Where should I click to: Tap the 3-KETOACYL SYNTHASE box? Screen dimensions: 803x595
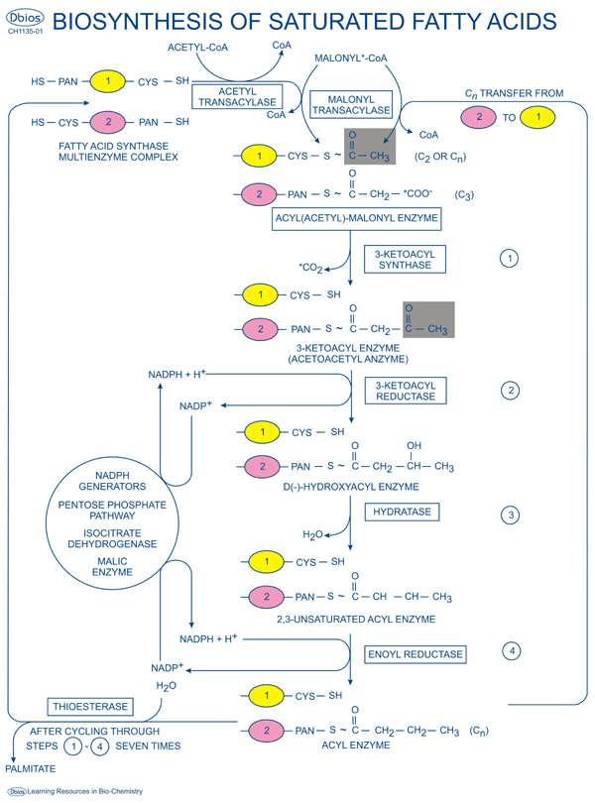coord(405,260)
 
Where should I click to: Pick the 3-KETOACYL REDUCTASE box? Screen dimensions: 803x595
coord(406,390)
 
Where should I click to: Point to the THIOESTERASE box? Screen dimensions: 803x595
coord(88,707)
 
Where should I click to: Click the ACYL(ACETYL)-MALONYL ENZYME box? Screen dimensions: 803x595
coord(356,219)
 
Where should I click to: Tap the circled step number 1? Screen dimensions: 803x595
coord(509,259)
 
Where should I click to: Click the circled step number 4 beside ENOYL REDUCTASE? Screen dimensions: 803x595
coord(512,651)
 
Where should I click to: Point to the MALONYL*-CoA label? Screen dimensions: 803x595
coord(350,58)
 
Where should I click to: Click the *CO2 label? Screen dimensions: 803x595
coord(311,267)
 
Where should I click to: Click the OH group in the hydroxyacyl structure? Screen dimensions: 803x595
coord(415,445)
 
